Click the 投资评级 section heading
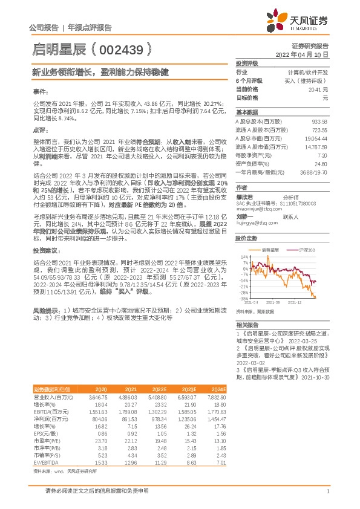[247, 63]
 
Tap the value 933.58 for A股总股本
[320, 122]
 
